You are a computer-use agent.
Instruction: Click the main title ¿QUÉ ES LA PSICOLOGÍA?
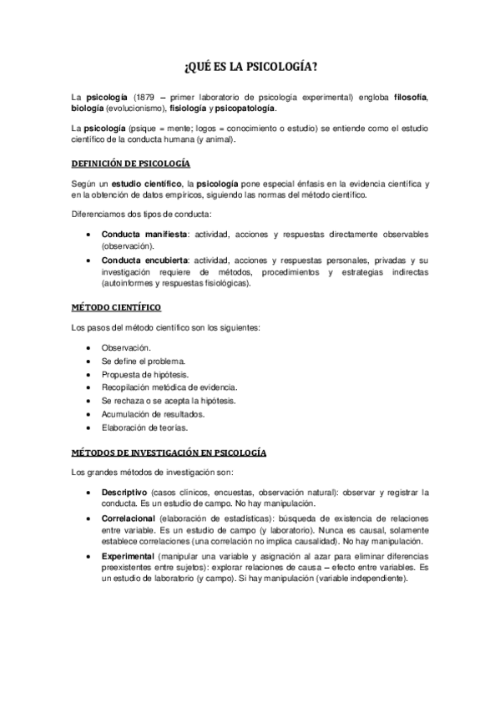pos(250,68)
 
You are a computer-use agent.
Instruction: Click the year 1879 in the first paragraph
pos(144,99)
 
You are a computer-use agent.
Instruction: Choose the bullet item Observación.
pos(126,346)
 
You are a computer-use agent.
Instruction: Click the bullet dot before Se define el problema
pos(88,361)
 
